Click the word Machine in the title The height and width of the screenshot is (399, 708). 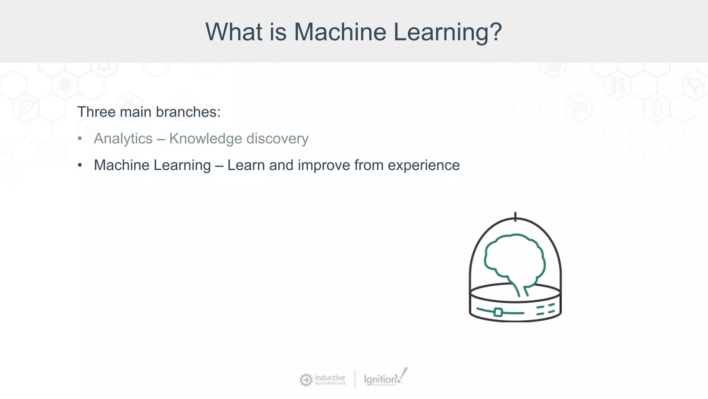coord(340,32)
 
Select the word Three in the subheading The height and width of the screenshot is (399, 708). coord(96,112)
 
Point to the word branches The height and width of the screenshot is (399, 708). coord(188,112)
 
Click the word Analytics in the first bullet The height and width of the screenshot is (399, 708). coord(123,139)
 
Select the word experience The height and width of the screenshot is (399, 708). coord(423,165)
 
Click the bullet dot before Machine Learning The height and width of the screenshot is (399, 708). coord(80,165)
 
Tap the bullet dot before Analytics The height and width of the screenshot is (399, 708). coord(80,139)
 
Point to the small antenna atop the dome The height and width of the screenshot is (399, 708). coord(515,216)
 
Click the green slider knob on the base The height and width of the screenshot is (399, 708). coord(498,312)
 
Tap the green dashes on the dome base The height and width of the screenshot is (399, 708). coord(545,310)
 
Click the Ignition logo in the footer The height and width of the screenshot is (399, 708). coord(384,379)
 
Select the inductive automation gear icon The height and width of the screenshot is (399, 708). coord(306,380)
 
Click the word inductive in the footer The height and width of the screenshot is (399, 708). coord(330,377)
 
